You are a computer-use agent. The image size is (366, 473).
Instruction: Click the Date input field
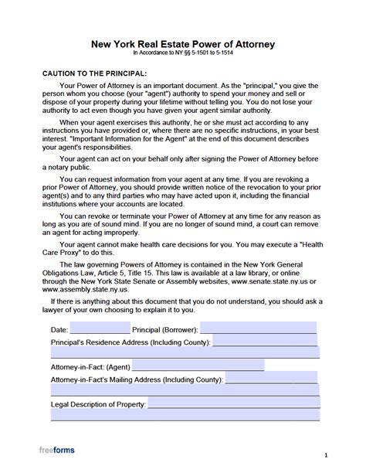100,328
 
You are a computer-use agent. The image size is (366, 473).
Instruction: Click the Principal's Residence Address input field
263,341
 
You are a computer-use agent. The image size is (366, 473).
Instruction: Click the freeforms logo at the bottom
57,450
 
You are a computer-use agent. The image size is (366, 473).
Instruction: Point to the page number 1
327,456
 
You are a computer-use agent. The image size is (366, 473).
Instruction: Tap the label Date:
59,330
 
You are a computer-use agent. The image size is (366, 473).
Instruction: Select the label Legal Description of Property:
97,404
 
